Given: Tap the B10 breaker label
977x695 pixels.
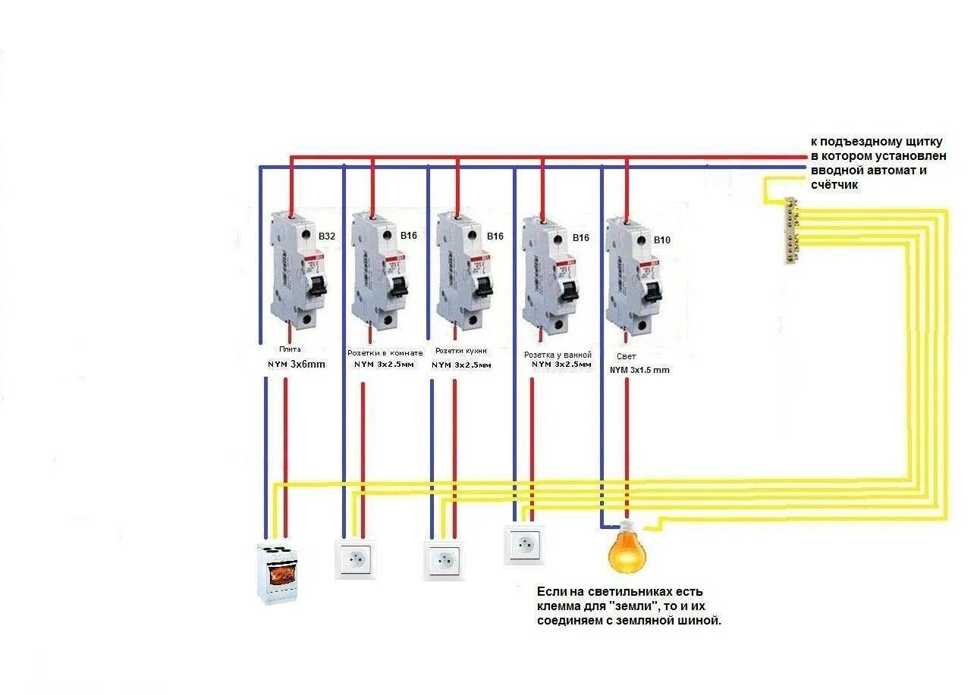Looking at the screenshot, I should coord(662,240).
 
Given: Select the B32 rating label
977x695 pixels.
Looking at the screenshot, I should coord(326,236).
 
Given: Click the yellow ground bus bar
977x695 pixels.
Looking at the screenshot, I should coord(790,230).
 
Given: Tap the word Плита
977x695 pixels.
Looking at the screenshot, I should coord(289,349).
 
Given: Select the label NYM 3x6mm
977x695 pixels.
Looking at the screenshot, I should coord(296,364).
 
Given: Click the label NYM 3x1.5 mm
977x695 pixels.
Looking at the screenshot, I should coord(639,370).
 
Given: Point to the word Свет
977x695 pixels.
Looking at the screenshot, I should coord(627,355).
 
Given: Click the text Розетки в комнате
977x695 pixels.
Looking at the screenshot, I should coord(385,353).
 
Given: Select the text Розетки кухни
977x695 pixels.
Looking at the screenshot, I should coord(461,352).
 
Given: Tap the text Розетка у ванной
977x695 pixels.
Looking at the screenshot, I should coord(558,355).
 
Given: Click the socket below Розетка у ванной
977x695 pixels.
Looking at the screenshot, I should coord(525,544).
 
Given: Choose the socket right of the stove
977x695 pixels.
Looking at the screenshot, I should coord(355,559).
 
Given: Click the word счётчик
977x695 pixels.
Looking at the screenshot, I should coord(834,184).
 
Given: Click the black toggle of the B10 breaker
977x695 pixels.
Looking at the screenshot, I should coord(652,290).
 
